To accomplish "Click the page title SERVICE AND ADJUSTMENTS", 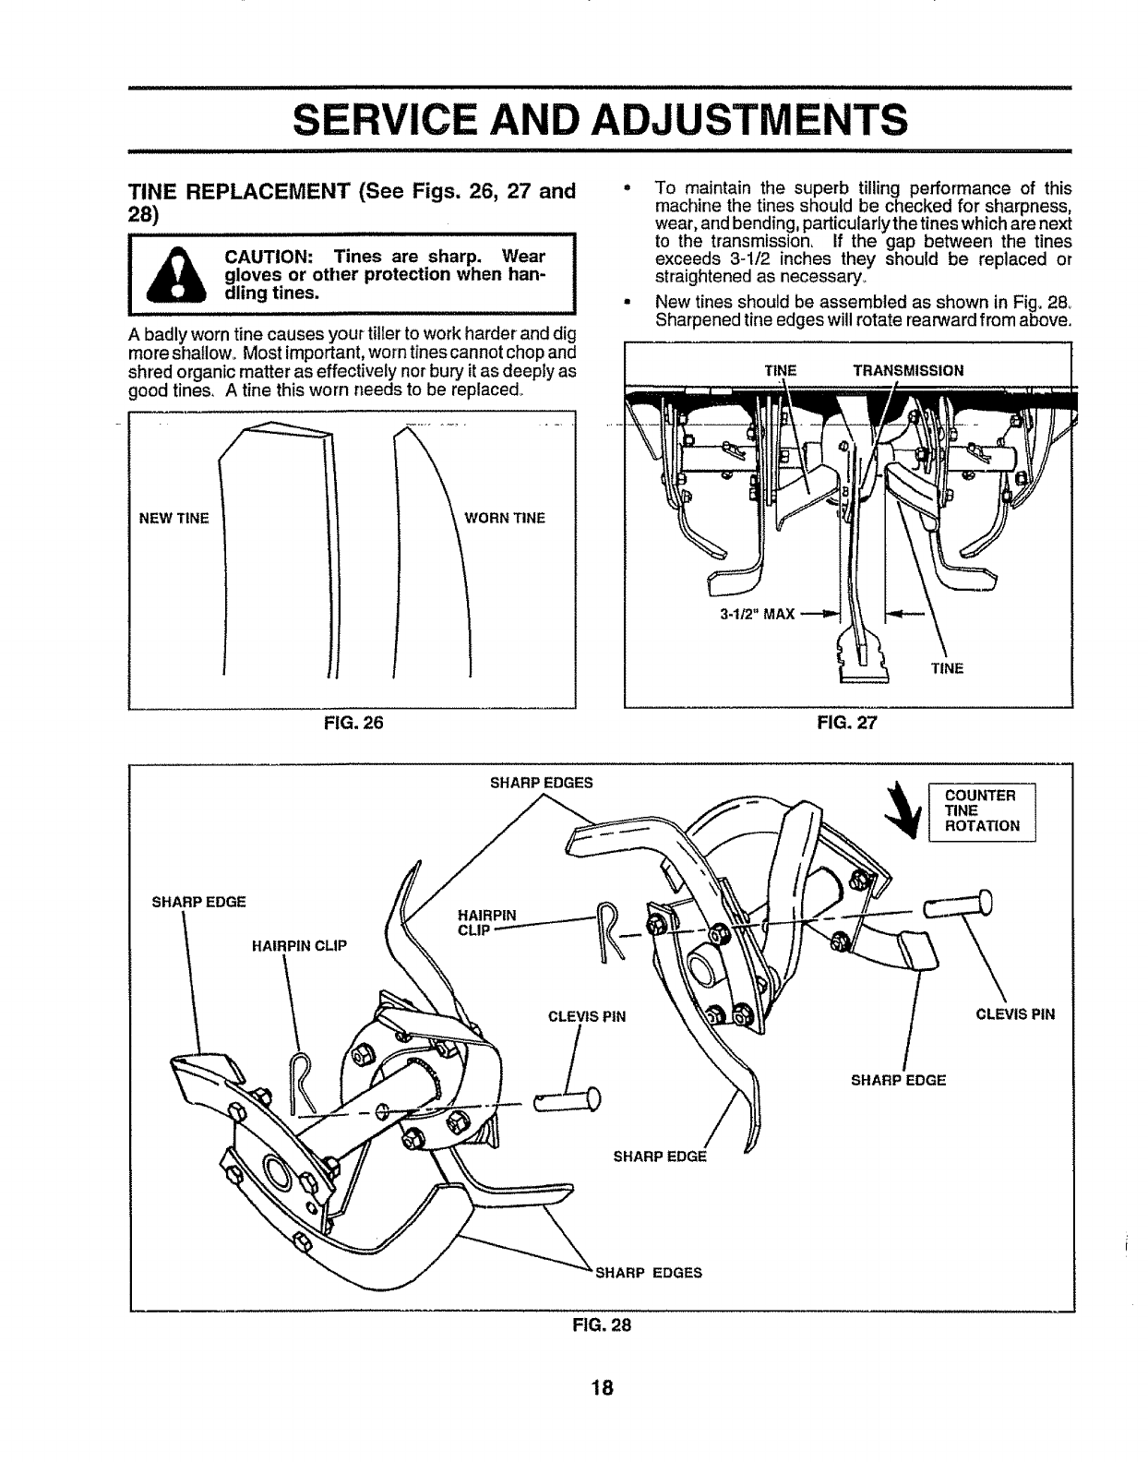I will pyautogui.click(x=598, y=119).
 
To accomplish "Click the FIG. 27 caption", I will pyautogui.click(x=847, y=724).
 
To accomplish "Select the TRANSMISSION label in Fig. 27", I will pyautogui.click(x=908, y=371).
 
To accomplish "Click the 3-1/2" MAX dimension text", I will pyautogui.click(x=757, y=613).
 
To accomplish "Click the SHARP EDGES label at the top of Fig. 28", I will pyautogui.click(x=541, y=783).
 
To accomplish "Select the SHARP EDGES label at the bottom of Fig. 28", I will pyautogui.click(x=649, y=1272).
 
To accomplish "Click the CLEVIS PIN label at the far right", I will pyautogui.click(x=1015, y=1015).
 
